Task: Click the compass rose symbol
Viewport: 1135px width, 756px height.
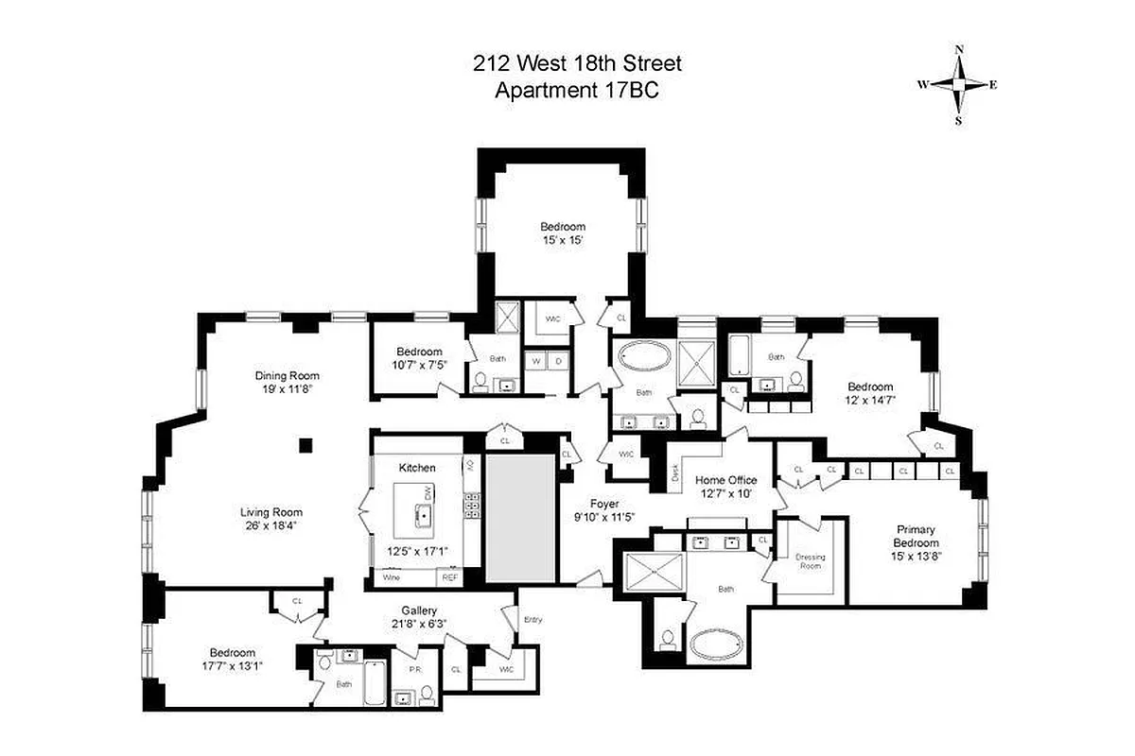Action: click(x=958, y=84)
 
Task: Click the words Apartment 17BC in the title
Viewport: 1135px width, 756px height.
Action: click(x=576, y=91)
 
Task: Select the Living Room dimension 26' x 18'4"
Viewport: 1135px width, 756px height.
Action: click(x=271, y=526)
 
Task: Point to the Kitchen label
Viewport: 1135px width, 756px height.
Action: click(x=417, y=468)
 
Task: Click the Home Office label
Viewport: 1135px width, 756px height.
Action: click(x=726, y=480)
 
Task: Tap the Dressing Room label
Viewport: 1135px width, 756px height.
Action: click(x=810, y=561)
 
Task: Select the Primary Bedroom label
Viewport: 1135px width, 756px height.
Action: click(x=917, y=536)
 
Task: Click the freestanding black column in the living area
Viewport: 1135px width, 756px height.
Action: click(x=305, y=445)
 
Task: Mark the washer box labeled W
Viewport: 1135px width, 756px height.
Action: click(x=535, y=361)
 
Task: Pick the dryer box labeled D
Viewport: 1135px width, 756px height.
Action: click(x=558, y=361)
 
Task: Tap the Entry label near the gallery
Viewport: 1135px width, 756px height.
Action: click(x=534, y=620)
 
